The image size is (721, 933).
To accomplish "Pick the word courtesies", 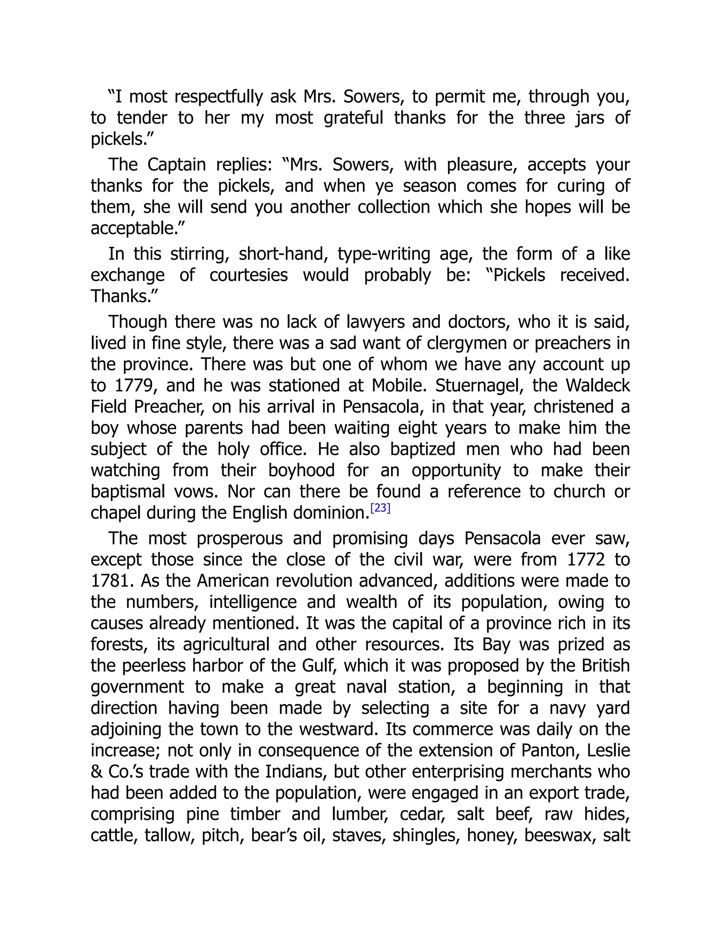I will point(249,275).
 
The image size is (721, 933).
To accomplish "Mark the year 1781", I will point(110,581).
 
